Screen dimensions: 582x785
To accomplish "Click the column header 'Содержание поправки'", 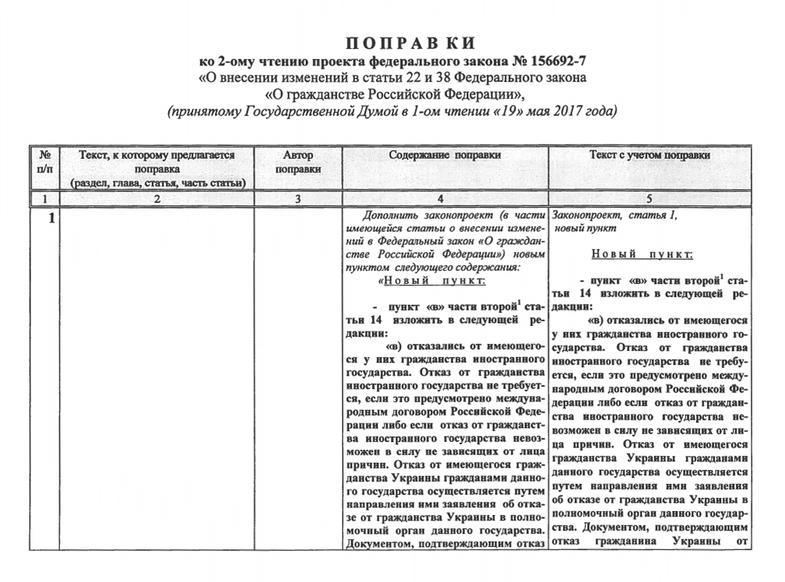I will click(445, 155).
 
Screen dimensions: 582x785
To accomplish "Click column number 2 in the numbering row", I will click(157, 199).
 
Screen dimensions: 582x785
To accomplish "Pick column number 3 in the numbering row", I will click(298, 199).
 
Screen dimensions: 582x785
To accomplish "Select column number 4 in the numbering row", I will click(445, 199).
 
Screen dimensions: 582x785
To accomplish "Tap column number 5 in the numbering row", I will click(649, 199).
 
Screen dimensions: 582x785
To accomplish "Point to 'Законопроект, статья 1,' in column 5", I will click(615, 216).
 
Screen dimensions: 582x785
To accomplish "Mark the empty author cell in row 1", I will click(298, 373).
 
